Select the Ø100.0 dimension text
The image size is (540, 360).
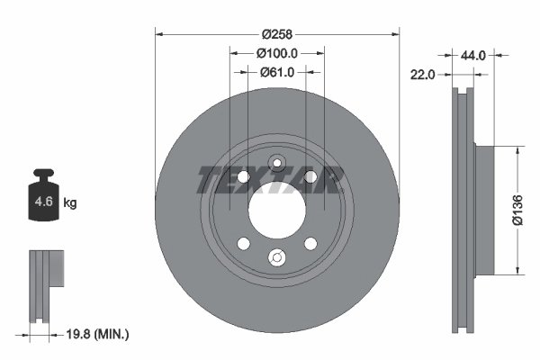point(277,54)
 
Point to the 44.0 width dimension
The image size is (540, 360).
point(473,56)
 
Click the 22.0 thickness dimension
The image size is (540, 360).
point(423,76)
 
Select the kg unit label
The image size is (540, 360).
point(70,203)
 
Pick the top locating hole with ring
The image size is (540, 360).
point(277,163)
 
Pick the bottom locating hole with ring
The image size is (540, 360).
point(277,259)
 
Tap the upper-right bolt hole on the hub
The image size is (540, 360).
point(310,176)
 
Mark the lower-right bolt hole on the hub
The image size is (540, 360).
point(310,244)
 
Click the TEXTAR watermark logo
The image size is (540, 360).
point(267,181)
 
